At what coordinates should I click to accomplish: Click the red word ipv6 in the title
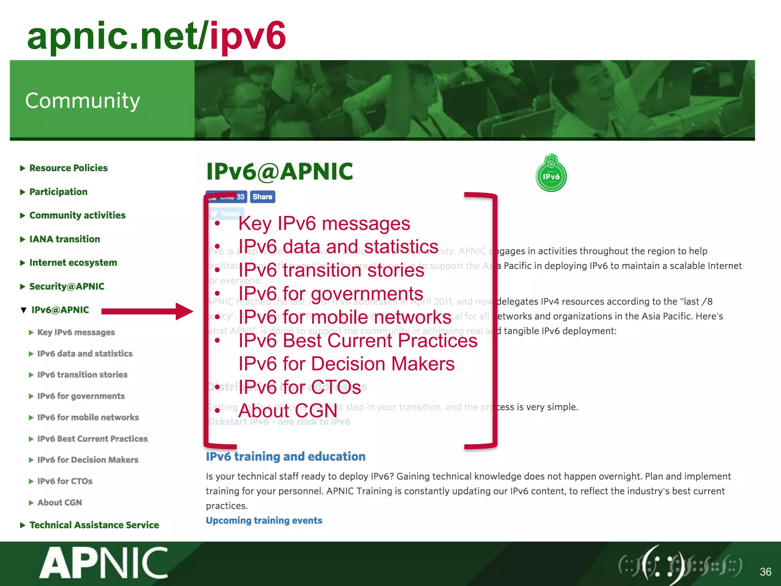pos(248,36)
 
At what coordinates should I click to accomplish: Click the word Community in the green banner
pos(82,101)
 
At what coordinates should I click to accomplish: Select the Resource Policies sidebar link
pos(68,168)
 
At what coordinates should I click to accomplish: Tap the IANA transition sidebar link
pos(64,239)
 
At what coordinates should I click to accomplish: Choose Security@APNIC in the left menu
pos(67,287)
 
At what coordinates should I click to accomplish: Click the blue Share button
pos(262,197)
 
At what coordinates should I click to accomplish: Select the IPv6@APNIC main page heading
pos(280,171)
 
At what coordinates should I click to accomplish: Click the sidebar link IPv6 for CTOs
pos(65,481)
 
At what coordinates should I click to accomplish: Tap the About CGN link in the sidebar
pos(59,502)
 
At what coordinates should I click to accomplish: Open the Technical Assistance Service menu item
pos(94,525)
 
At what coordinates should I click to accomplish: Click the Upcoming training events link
pos(264,520)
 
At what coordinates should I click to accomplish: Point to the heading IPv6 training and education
pos(286,456)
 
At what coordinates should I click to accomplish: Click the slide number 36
pos(765,572)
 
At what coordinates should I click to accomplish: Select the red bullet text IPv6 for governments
pos(331,294)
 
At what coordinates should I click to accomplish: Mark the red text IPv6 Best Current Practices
pos(358,340)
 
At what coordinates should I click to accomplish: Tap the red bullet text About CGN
pos(288,411)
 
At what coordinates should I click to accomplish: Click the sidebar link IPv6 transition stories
pos(82,375)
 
